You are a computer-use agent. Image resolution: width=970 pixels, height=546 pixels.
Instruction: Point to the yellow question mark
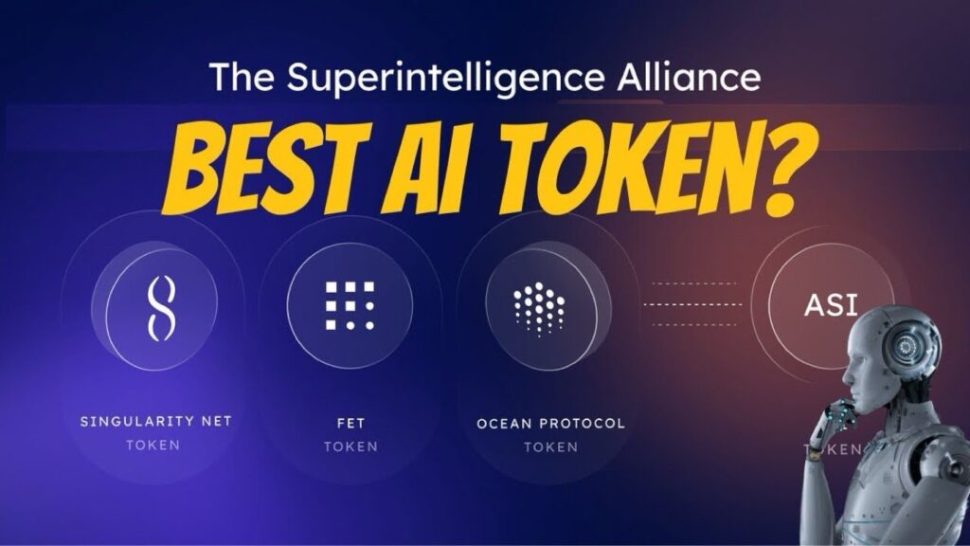(x=757, y=170)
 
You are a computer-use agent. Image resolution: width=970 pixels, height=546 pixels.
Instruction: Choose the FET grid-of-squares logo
(x=350, y=305)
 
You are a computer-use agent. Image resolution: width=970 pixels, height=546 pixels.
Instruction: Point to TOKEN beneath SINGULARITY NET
(x=153, y=446)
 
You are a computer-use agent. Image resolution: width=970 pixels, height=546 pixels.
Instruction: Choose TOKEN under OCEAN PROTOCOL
(x=550, y=446)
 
